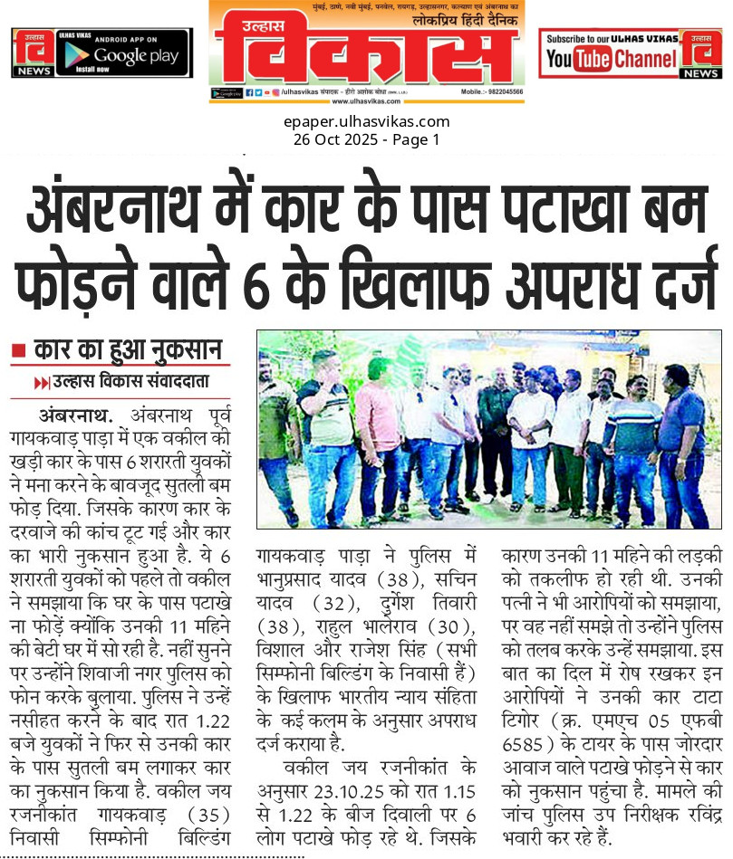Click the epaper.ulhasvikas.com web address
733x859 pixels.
pos(367,122)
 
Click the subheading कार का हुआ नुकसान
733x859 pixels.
pos(129,348)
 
